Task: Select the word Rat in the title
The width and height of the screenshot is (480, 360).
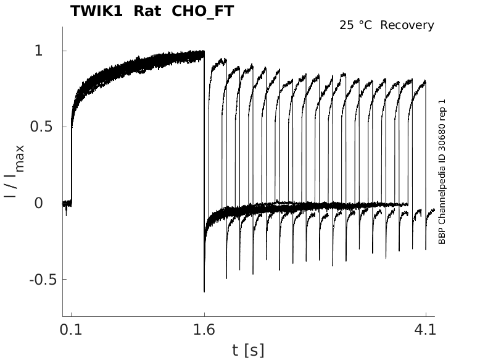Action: [x=147, y=11]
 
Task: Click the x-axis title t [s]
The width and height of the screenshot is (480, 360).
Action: [x=248, y=351]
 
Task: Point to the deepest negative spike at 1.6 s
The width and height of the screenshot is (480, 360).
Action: [x=204, y=290]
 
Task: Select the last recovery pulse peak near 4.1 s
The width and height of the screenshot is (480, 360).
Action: [x=424, y=81]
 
